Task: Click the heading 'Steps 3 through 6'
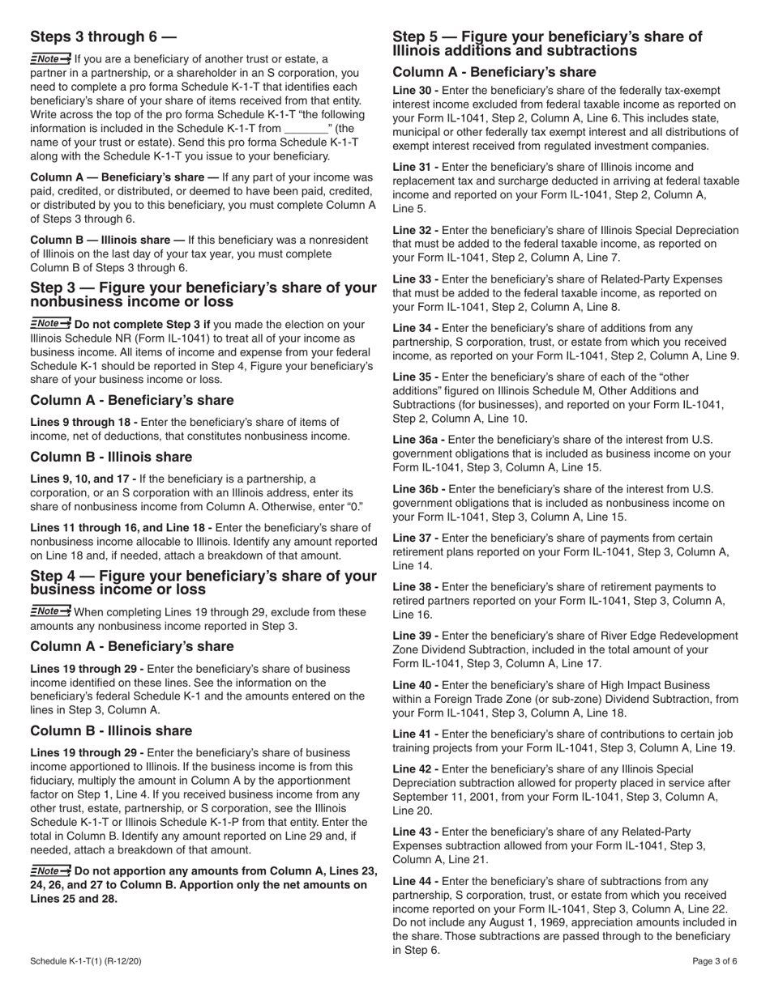tap(103, 36)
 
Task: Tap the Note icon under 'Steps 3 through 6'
tap(50, 59)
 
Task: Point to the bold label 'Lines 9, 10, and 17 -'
tap(83, 479)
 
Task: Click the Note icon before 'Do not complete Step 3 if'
tap(50, 324)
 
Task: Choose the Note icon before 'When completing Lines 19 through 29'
tap(50, 611)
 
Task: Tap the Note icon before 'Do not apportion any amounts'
tap(50, 870)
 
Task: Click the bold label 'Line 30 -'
tap(416, 91)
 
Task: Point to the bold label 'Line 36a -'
tap(419, 440)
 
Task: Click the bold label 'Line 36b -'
tap(419, 489)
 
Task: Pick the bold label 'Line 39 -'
tap(416, 636)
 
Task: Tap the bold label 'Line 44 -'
tap(416, 881)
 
